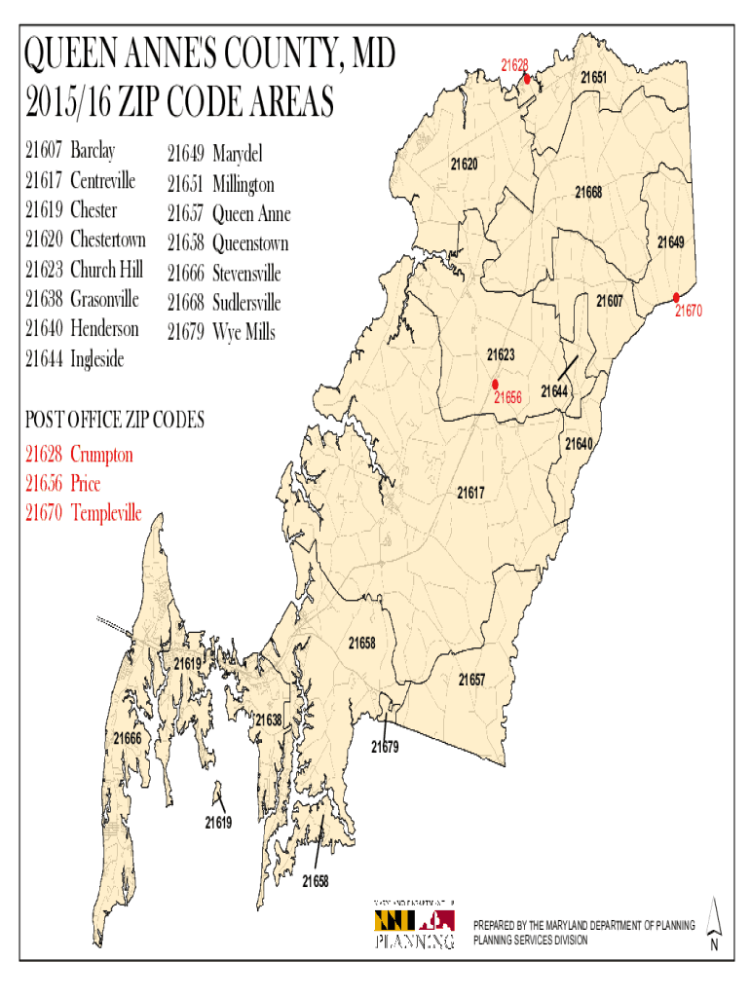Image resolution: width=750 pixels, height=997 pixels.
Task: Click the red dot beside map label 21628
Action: (x=527, y=79)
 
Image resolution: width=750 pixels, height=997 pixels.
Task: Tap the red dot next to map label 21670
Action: (x=676, y=297)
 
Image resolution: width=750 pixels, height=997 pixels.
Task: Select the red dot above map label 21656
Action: (x=495, y=384)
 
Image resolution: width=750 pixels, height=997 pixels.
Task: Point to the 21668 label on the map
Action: (x=587, y=193)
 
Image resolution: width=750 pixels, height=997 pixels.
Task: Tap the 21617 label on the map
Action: (x=470, y=493)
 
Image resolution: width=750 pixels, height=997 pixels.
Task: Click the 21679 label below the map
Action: (x=384, y=748)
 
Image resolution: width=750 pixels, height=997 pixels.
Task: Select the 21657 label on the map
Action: (x=471, y=679)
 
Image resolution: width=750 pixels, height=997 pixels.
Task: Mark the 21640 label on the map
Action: (x=579, y=444)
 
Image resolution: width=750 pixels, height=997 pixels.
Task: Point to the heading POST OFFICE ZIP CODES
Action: (x=115, y=421)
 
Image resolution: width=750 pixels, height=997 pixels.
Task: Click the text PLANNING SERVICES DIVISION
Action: (x=531, y=941)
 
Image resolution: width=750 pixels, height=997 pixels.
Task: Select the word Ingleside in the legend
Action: (x=97, y=359)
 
